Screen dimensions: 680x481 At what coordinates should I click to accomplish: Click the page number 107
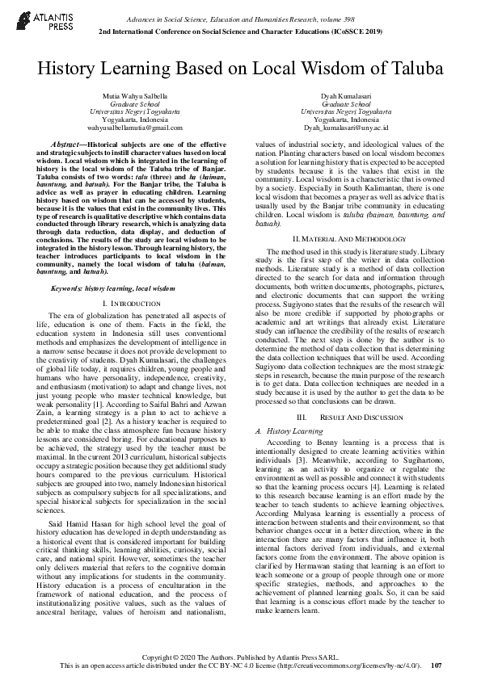click(437, 665)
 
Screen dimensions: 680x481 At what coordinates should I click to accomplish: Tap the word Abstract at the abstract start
click(70, 142)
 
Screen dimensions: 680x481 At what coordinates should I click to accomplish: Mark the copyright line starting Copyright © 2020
click(241, 657)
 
